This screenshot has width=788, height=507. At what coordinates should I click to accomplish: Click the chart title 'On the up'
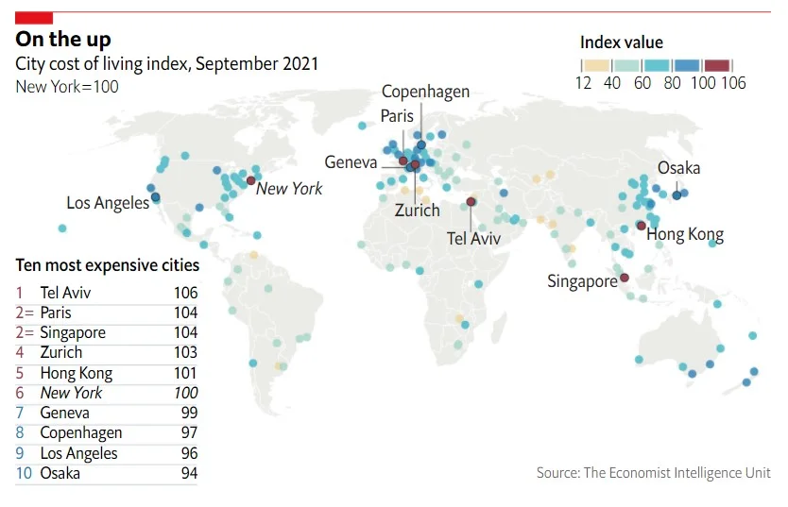(x=63, y=39)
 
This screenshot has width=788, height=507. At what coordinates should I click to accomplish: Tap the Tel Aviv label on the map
(x=473, y=239)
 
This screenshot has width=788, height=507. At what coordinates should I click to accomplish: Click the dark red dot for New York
(x=250, y=180)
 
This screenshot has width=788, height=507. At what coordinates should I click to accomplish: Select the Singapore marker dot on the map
(x=624, y=278)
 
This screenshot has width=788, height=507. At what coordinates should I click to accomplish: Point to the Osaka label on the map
(x=678, y=168)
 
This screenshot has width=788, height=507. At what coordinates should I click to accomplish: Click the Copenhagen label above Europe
(x=425, y=92)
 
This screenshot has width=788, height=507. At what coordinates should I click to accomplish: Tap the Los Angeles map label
(x=108, y=203)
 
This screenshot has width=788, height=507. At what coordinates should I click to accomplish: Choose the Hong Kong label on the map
(x=685, y=235)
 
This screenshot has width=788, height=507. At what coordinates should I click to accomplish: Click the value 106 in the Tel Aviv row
(x=185, y=294)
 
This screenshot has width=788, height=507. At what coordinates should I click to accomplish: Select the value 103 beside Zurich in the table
(x=185, y=353)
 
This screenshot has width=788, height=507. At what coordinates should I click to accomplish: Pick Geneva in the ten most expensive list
(x=65, y=413)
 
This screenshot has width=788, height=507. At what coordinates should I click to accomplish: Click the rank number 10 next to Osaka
(x=25, y=473)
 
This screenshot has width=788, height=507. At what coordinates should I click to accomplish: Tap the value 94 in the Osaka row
(x=189, y=473)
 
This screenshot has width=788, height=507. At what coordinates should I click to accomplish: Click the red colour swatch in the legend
(x=717, y=65)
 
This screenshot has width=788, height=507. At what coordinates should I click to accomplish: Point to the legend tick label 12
(x=583, y=83)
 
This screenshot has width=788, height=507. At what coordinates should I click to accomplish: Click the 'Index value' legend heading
(x=621, y=42)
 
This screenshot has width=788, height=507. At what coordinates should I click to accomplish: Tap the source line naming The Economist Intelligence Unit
(x=653, y=473)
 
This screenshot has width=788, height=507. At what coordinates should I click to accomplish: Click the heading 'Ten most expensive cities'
(x=108, y=265)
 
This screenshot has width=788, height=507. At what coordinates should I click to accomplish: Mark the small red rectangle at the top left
(x=35, y=18)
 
